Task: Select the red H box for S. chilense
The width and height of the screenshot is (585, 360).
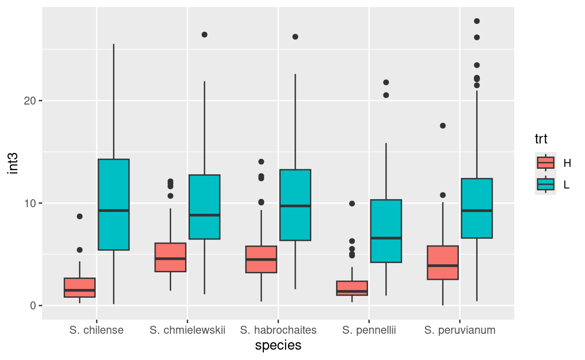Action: tap(80, 287)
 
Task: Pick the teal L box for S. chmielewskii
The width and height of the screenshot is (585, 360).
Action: tap(204, 207)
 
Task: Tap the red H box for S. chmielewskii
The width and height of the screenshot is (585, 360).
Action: tap(170, 257)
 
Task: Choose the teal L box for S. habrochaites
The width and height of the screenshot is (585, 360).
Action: tap(295, 205)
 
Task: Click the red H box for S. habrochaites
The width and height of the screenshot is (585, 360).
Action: tap(261, 259)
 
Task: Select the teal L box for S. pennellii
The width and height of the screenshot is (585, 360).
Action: tap(386, 231)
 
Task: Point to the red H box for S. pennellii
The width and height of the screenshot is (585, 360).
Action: tap(352, 288)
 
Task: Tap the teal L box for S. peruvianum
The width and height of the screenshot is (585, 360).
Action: tap(477, 208)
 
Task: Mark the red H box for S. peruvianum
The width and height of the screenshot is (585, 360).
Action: tap(443, 262)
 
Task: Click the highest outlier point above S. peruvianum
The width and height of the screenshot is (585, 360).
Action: tap(477, 21)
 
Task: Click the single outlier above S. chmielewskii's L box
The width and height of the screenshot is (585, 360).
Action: tap(204, 35)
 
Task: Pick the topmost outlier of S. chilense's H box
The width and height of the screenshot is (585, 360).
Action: tap(80, 216)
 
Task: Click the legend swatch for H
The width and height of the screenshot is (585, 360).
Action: tap(546, 163)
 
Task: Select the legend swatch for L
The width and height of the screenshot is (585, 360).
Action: tap(546, 184)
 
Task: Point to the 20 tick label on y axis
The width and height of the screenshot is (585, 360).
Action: tap(31, 101)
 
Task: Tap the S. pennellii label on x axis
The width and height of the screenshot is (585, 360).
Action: tap(369, 330)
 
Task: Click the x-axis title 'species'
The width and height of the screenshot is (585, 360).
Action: tap(278, 345)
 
